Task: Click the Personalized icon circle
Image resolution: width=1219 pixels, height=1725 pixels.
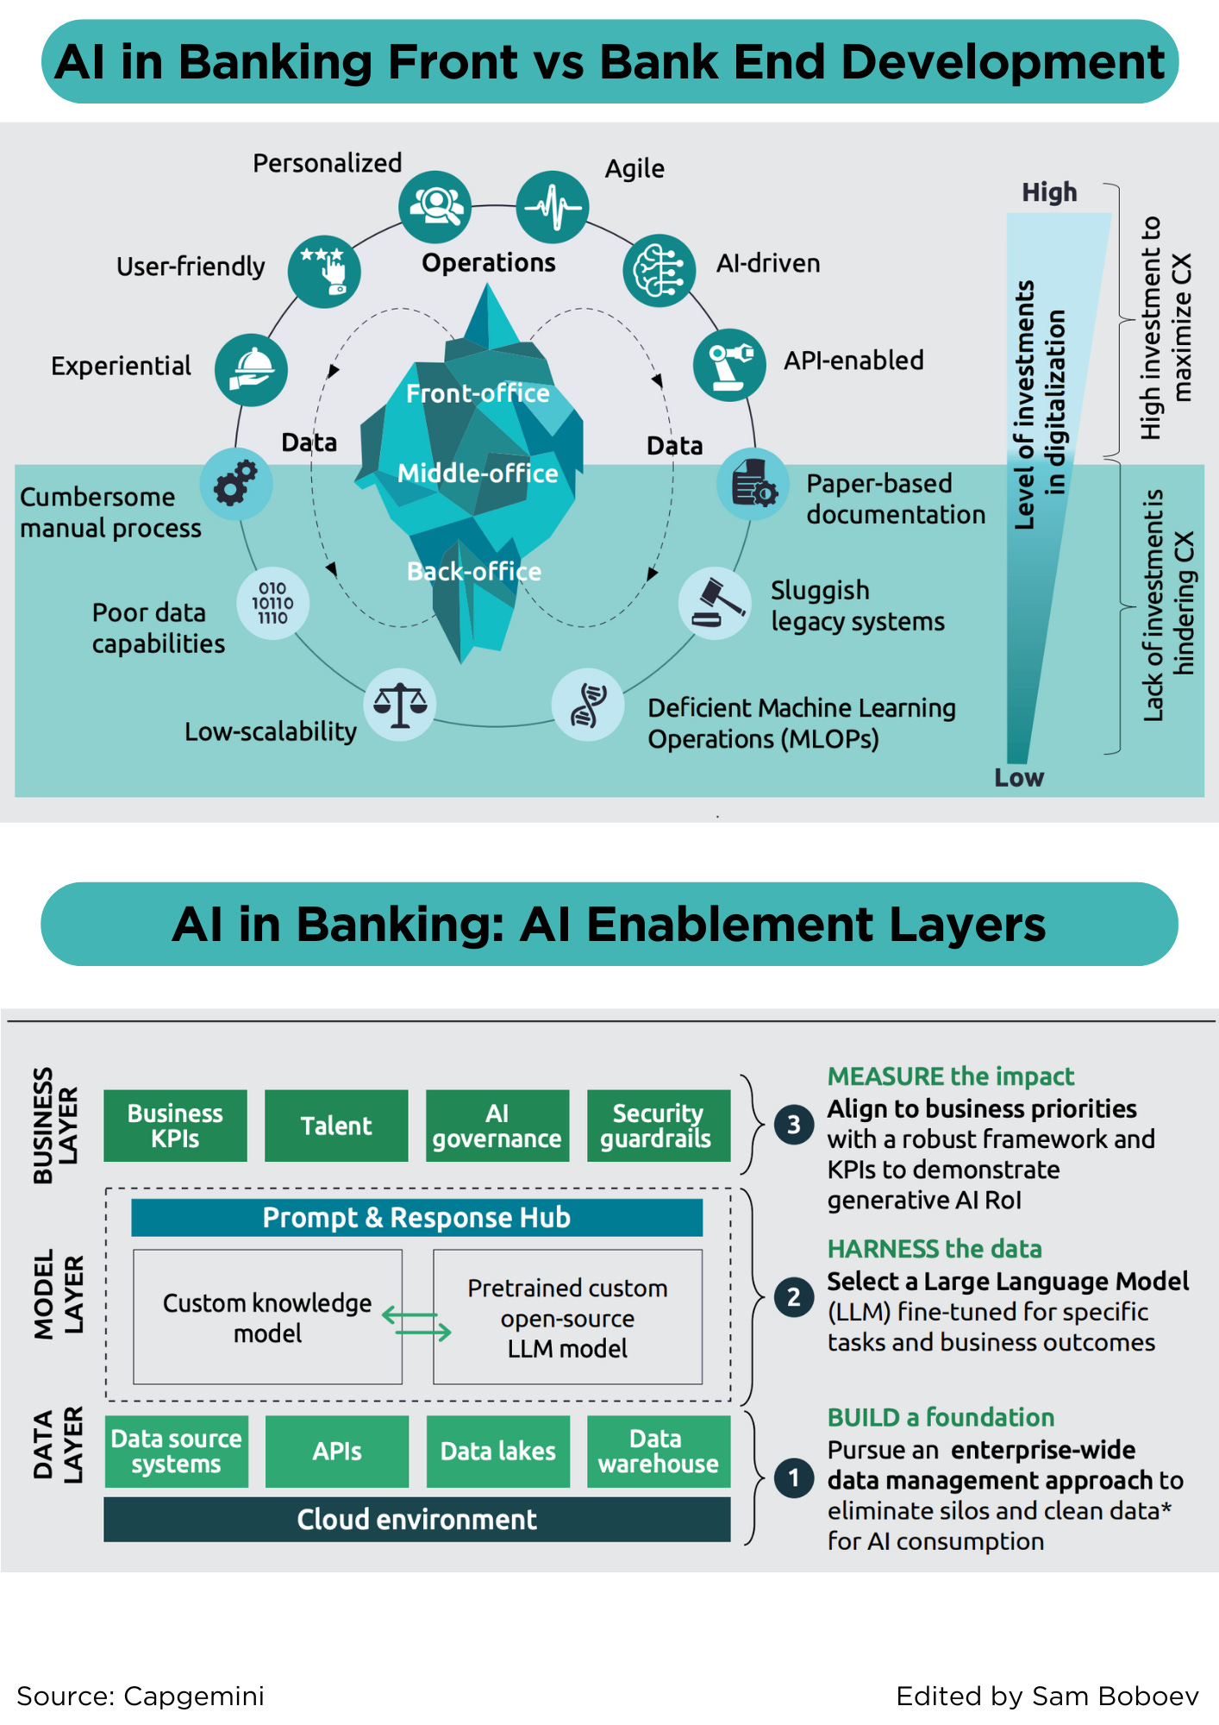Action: pos(434,207)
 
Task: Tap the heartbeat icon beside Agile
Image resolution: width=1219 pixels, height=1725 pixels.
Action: pos(553,207)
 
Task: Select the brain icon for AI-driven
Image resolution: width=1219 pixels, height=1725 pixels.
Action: pos(660,271)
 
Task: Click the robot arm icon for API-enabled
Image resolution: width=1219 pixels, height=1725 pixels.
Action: pos(729,365)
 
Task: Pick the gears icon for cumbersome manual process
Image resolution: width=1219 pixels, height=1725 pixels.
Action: pos(236,484)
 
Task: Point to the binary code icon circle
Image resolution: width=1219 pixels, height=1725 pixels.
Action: pos(272,603)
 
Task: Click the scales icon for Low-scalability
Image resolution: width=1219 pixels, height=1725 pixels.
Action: pos(400,705)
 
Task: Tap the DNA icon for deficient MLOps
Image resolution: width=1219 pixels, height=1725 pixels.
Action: pos(588,705)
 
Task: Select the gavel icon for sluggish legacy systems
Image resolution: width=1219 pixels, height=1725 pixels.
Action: pos(715,603)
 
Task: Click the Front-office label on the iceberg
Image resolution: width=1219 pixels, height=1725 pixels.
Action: pos(478,393)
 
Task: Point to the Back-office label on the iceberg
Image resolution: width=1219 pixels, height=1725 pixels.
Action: pos(474,571)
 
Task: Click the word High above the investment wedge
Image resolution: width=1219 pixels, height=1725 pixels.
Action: pos(1049,191)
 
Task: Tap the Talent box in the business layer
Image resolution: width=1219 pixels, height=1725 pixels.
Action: pos(336,1126)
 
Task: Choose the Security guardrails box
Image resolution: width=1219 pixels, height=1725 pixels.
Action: pos(659,1126)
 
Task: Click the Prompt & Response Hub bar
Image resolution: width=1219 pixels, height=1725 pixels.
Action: pos(416,1217)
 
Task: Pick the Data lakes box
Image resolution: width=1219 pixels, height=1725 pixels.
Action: pos(498,1452)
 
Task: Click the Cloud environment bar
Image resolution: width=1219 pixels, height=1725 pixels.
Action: pos(416,1519)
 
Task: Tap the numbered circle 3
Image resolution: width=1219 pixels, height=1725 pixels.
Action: pos(794,1125)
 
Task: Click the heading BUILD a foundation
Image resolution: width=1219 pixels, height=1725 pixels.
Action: pos(941,1417)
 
